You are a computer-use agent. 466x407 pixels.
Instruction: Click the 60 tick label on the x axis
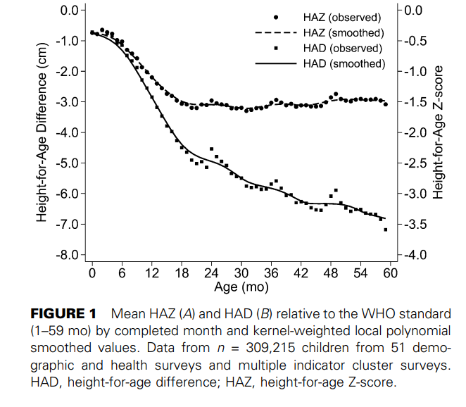(x=391, y=273)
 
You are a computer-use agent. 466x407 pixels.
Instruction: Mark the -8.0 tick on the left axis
(x=66, y=255)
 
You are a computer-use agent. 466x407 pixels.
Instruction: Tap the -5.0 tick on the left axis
(x=66, y=163)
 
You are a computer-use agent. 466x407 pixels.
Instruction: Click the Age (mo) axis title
(x=241, y=287)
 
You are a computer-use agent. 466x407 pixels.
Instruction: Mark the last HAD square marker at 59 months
(x=386, y=230)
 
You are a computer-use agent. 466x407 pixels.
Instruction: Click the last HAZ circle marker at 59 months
(x=386, y=104)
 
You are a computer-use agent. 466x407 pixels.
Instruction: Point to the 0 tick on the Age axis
(x=92, y=273)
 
